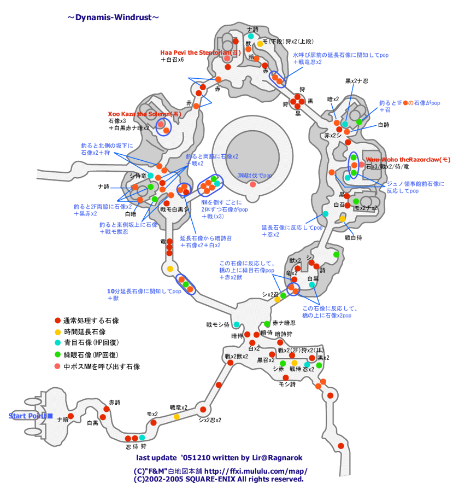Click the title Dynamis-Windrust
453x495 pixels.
pyautogui.click(x=114, y=18)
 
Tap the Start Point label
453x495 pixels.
pyautogui.click(x=27, y=416)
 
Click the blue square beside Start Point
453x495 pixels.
pyautogui.click(x=50, y=416)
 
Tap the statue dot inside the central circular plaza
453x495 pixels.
pyautogui.click(x=252, y=184)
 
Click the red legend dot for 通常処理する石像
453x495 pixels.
pyautogui.click(x=57, y=321)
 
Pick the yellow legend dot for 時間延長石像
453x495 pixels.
pyautogui.click(x=57, y=332)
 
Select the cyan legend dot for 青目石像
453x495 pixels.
pyautogui.click(x=57, y=343)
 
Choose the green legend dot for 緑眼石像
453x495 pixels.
pyautogui.click(x=57, y=355)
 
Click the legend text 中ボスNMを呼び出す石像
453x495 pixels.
pyautogui.click(x=102, y=366)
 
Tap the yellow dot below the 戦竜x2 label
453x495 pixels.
pyautogui.click(x=177, y=417)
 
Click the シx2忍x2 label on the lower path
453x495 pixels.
pyautogui.click(x=210, y=420)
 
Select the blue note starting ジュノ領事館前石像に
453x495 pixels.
pyautogui.click(x=415, y=184)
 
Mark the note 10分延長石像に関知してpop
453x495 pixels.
pyautogui.click(x=144, y=292)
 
